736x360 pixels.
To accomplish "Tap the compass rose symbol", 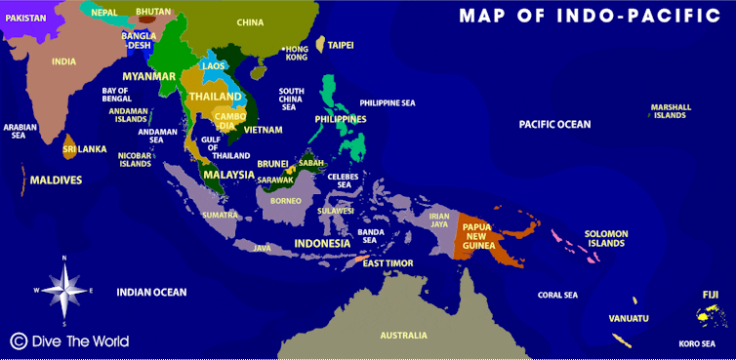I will pos(64,290).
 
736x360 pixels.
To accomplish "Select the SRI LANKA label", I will pos(84,150).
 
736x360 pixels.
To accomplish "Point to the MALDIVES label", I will pos(56,180).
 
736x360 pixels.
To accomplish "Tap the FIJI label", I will pos(710,294).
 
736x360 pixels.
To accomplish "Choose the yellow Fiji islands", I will pos(710,315).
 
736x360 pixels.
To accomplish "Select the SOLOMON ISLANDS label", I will pos(606,238).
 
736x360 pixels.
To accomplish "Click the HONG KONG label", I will pos(296,53).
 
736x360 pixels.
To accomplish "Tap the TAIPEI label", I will pos(341,45).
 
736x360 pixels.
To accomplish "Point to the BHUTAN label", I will pos(152,12).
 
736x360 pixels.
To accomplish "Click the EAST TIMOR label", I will pos(388,263).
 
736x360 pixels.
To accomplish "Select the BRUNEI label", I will pos(272,165).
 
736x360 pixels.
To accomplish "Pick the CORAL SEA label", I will pos(557,295).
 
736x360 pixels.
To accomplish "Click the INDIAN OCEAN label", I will pos(151,292).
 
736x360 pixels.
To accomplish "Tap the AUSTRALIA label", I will pos(403,336).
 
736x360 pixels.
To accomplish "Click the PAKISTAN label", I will pos(26,18).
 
